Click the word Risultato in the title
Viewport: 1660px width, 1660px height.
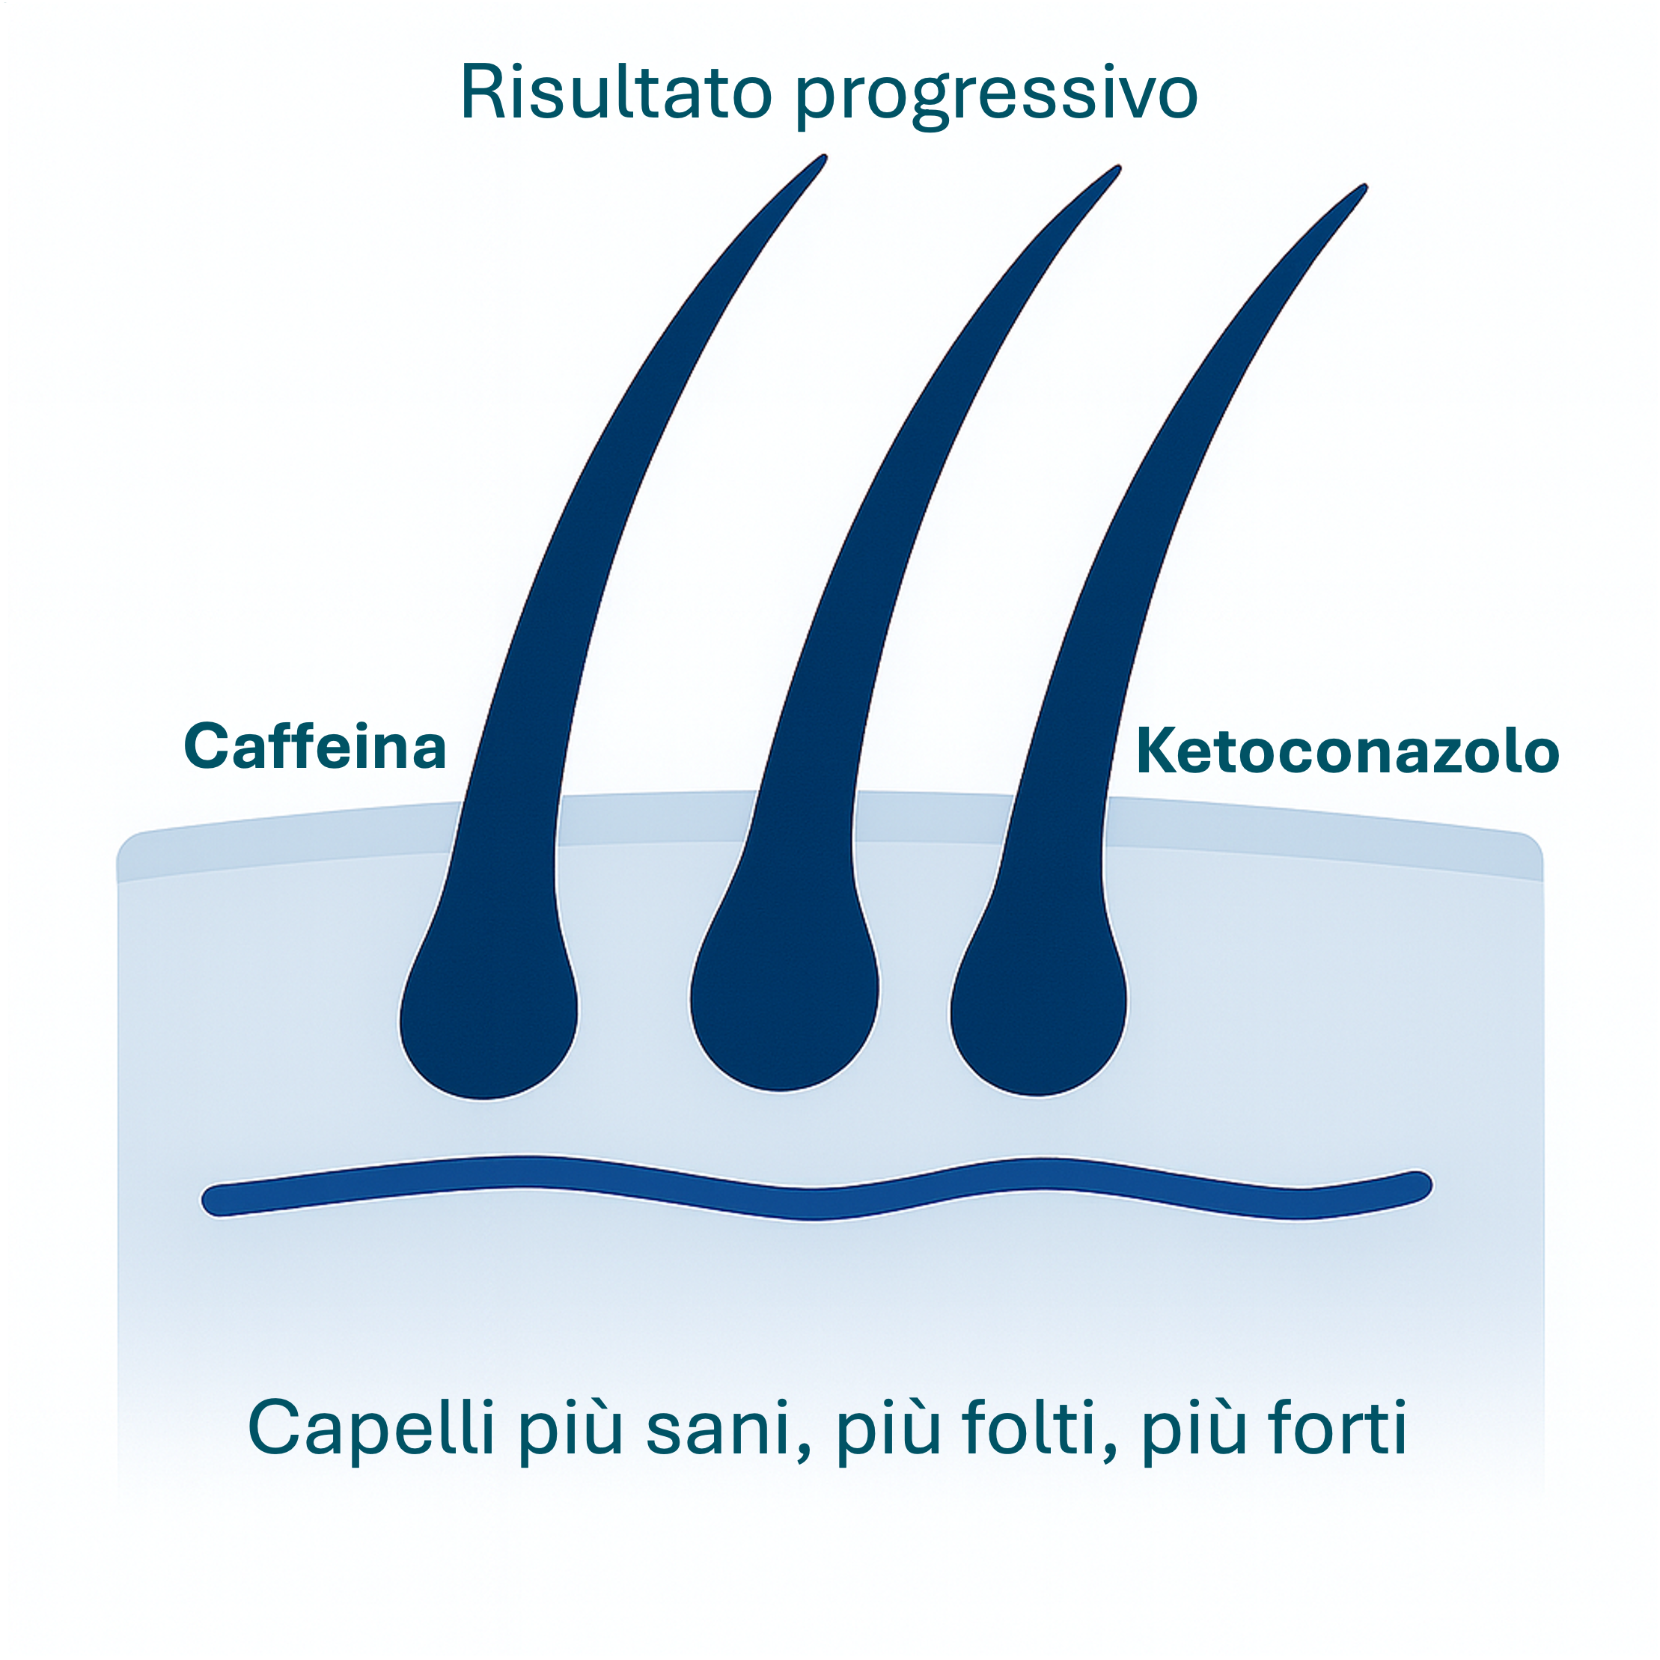pyautogui.click(x=615, y=93)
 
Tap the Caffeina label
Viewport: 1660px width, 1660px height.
pyautogui.click(x=315, y=747)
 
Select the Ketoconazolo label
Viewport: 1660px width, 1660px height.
pyautogui.click(x=1347, y=752)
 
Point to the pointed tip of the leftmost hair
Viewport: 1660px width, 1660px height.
pyautogui.click(x=823, y=158)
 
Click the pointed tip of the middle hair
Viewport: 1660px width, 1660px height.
pyautogui.click(x=1117, y=168)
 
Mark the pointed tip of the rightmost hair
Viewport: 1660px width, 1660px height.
pyautogui.click(x=1364, y=187)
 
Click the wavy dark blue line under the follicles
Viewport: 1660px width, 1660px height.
pyautogui.click(x=808, y=1203)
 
